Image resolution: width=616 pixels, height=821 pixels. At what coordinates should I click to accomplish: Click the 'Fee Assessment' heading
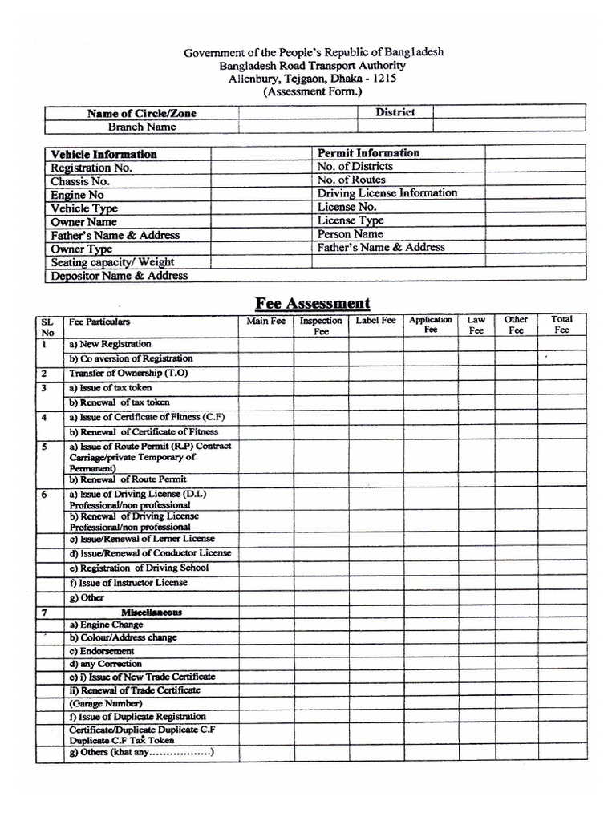[x=313, y=303]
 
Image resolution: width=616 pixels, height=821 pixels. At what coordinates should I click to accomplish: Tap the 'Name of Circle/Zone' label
[x=141, y=113]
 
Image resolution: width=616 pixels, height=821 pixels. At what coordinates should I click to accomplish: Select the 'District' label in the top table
[x=395, y=112]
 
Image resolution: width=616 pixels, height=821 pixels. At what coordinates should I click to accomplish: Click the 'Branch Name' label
[x=142, y=127]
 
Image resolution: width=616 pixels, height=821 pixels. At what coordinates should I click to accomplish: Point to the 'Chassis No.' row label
[x=80, y=181]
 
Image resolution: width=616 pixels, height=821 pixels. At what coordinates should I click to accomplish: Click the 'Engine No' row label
[x=77, y=195]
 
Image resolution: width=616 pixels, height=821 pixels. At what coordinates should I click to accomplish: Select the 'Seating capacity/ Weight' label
[x=112, y=262]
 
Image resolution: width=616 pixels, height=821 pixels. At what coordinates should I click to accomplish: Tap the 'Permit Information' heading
[x=368, y=152]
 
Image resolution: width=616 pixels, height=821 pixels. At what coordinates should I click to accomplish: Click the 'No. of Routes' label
[x=351, y=180]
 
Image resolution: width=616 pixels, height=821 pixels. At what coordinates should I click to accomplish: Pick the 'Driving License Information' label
[x=387, y=193]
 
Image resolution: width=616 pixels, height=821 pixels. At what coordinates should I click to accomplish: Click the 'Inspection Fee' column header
[x=321, y=326]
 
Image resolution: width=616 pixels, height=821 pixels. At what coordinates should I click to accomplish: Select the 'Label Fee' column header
[x=375, y=321]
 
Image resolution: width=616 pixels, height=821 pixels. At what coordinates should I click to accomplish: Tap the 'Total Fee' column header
[x=561, y=325]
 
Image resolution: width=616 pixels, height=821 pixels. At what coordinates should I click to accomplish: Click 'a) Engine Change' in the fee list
[x=106, y=625]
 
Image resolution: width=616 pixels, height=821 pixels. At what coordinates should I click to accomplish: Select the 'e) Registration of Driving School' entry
[x=139, y=568]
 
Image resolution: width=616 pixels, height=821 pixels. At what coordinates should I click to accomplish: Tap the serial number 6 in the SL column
[x=45, y=495]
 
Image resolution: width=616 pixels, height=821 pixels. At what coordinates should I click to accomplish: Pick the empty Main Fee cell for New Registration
[x=265, y=344]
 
